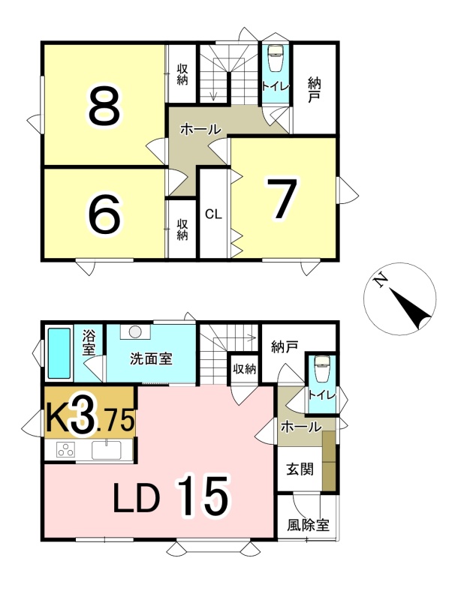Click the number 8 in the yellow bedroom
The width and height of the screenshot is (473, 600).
click(104, 106)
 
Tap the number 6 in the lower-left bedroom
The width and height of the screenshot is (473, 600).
click(104, 214)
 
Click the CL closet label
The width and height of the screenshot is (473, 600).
click(213, 214)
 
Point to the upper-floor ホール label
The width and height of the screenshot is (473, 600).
click(200, 129)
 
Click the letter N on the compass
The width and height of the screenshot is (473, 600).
click(381, 282)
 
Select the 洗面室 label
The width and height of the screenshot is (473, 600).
click(151, 359)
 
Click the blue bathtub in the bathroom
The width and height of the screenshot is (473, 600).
click(59, 353)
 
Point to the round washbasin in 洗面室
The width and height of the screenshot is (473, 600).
click(135, 331)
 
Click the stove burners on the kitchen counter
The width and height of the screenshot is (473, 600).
click(65, 449)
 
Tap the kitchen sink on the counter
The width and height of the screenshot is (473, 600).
click(106, 450)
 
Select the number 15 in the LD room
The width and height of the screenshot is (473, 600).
click(203, 496)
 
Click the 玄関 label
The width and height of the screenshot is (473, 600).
click(300, 469)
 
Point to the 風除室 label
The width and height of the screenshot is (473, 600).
click(308, 525)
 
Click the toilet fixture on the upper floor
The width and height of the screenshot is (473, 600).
click(275, 58)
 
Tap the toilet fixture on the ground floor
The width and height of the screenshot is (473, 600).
click(322, 369)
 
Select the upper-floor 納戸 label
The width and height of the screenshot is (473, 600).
click(314, 90)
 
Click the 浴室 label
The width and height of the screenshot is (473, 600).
click(89, 343)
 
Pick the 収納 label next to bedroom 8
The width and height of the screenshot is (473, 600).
click(182, 74)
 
